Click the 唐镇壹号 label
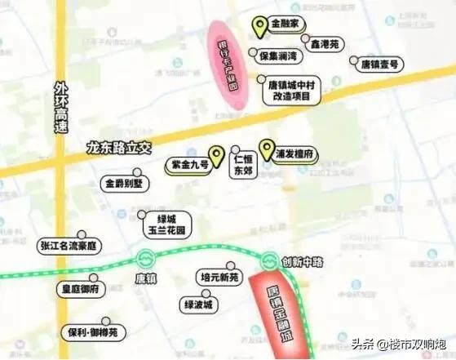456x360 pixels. [379, 63]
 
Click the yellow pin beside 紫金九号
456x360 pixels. [216, 155]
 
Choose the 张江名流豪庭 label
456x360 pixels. [69, 244]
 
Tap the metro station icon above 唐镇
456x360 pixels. [146, 256]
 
